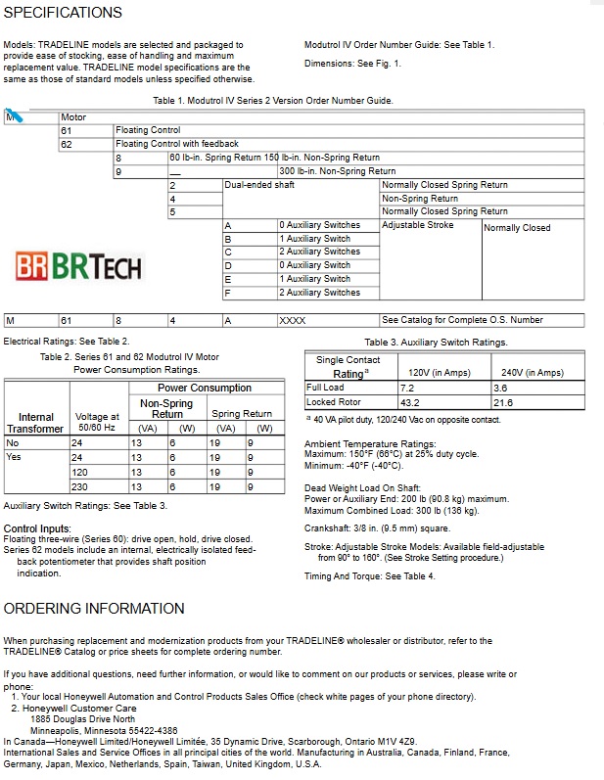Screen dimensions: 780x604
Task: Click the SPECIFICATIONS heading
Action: pyautogui.click(x=64, y=13)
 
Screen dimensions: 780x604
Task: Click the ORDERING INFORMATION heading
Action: pyautogui.click(x=94, y=608)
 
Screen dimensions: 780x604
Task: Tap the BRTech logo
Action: pyautogui.click(x=79, y=266)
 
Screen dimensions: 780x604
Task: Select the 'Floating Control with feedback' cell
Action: pyautogui.click(x=176, y=144)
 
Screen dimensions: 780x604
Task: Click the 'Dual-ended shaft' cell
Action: pyautogui.click(x=259, y=184)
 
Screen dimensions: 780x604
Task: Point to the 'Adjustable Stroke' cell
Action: pyautogui.click(x=417, y=225)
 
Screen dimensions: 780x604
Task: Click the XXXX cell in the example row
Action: pyautogui.click(x=293, y=320)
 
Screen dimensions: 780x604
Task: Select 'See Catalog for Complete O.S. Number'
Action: pyautogui.click(x=462, y=320)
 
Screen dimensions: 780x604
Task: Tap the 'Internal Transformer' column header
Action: pyautogui.click(x=36, y=423)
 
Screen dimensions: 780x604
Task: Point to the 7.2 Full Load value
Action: pyautogui.click(x=406, y=388)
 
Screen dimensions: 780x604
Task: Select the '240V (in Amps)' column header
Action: pyautogui.click(x=532, y=372)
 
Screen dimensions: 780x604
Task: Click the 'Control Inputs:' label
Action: pyautogui.click(x=36, y=528)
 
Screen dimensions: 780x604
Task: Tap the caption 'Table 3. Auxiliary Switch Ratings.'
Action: pyautogui.click(x=436, y=343)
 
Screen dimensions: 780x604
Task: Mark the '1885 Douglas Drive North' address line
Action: pyautogui.click(x=83, y=719)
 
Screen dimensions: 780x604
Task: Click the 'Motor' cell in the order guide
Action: pyautogui.click(x=74, y=117)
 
